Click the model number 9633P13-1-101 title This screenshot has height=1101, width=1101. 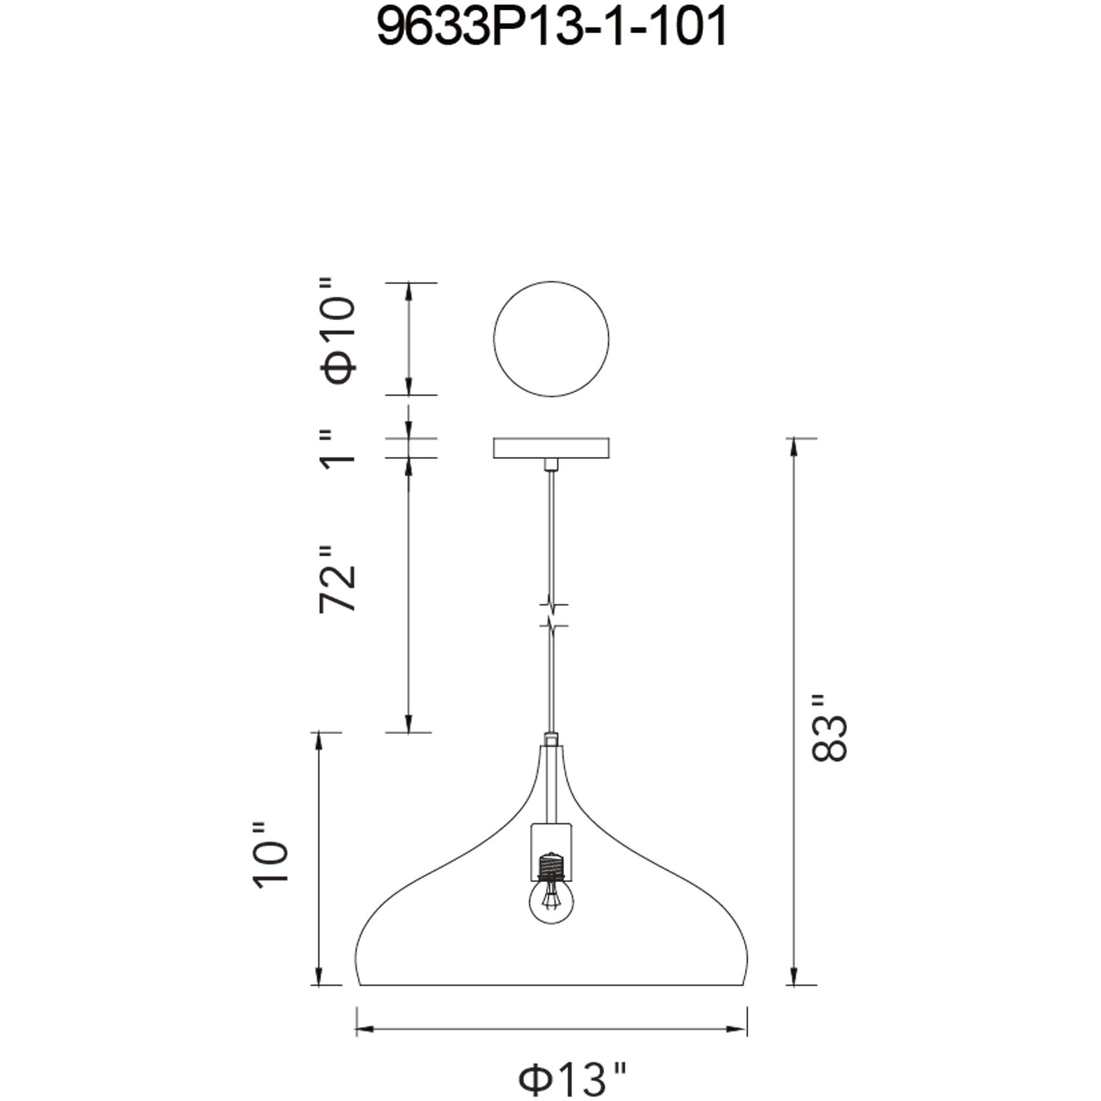tap(551, 28)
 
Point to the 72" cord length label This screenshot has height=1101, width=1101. tap(338, 578)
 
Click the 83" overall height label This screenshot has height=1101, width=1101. tap(829, 729)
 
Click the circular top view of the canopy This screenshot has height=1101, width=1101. tap(551, 339)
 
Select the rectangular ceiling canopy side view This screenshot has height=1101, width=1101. tap(551, 448)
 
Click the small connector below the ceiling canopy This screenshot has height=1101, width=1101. tap(551, 464)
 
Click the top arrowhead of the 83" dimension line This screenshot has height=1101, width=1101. tap(794, 446)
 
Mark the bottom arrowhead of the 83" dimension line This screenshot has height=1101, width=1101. tap(794, 977)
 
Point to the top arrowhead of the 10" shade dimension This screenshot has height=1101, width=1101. tap(318, 742)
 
